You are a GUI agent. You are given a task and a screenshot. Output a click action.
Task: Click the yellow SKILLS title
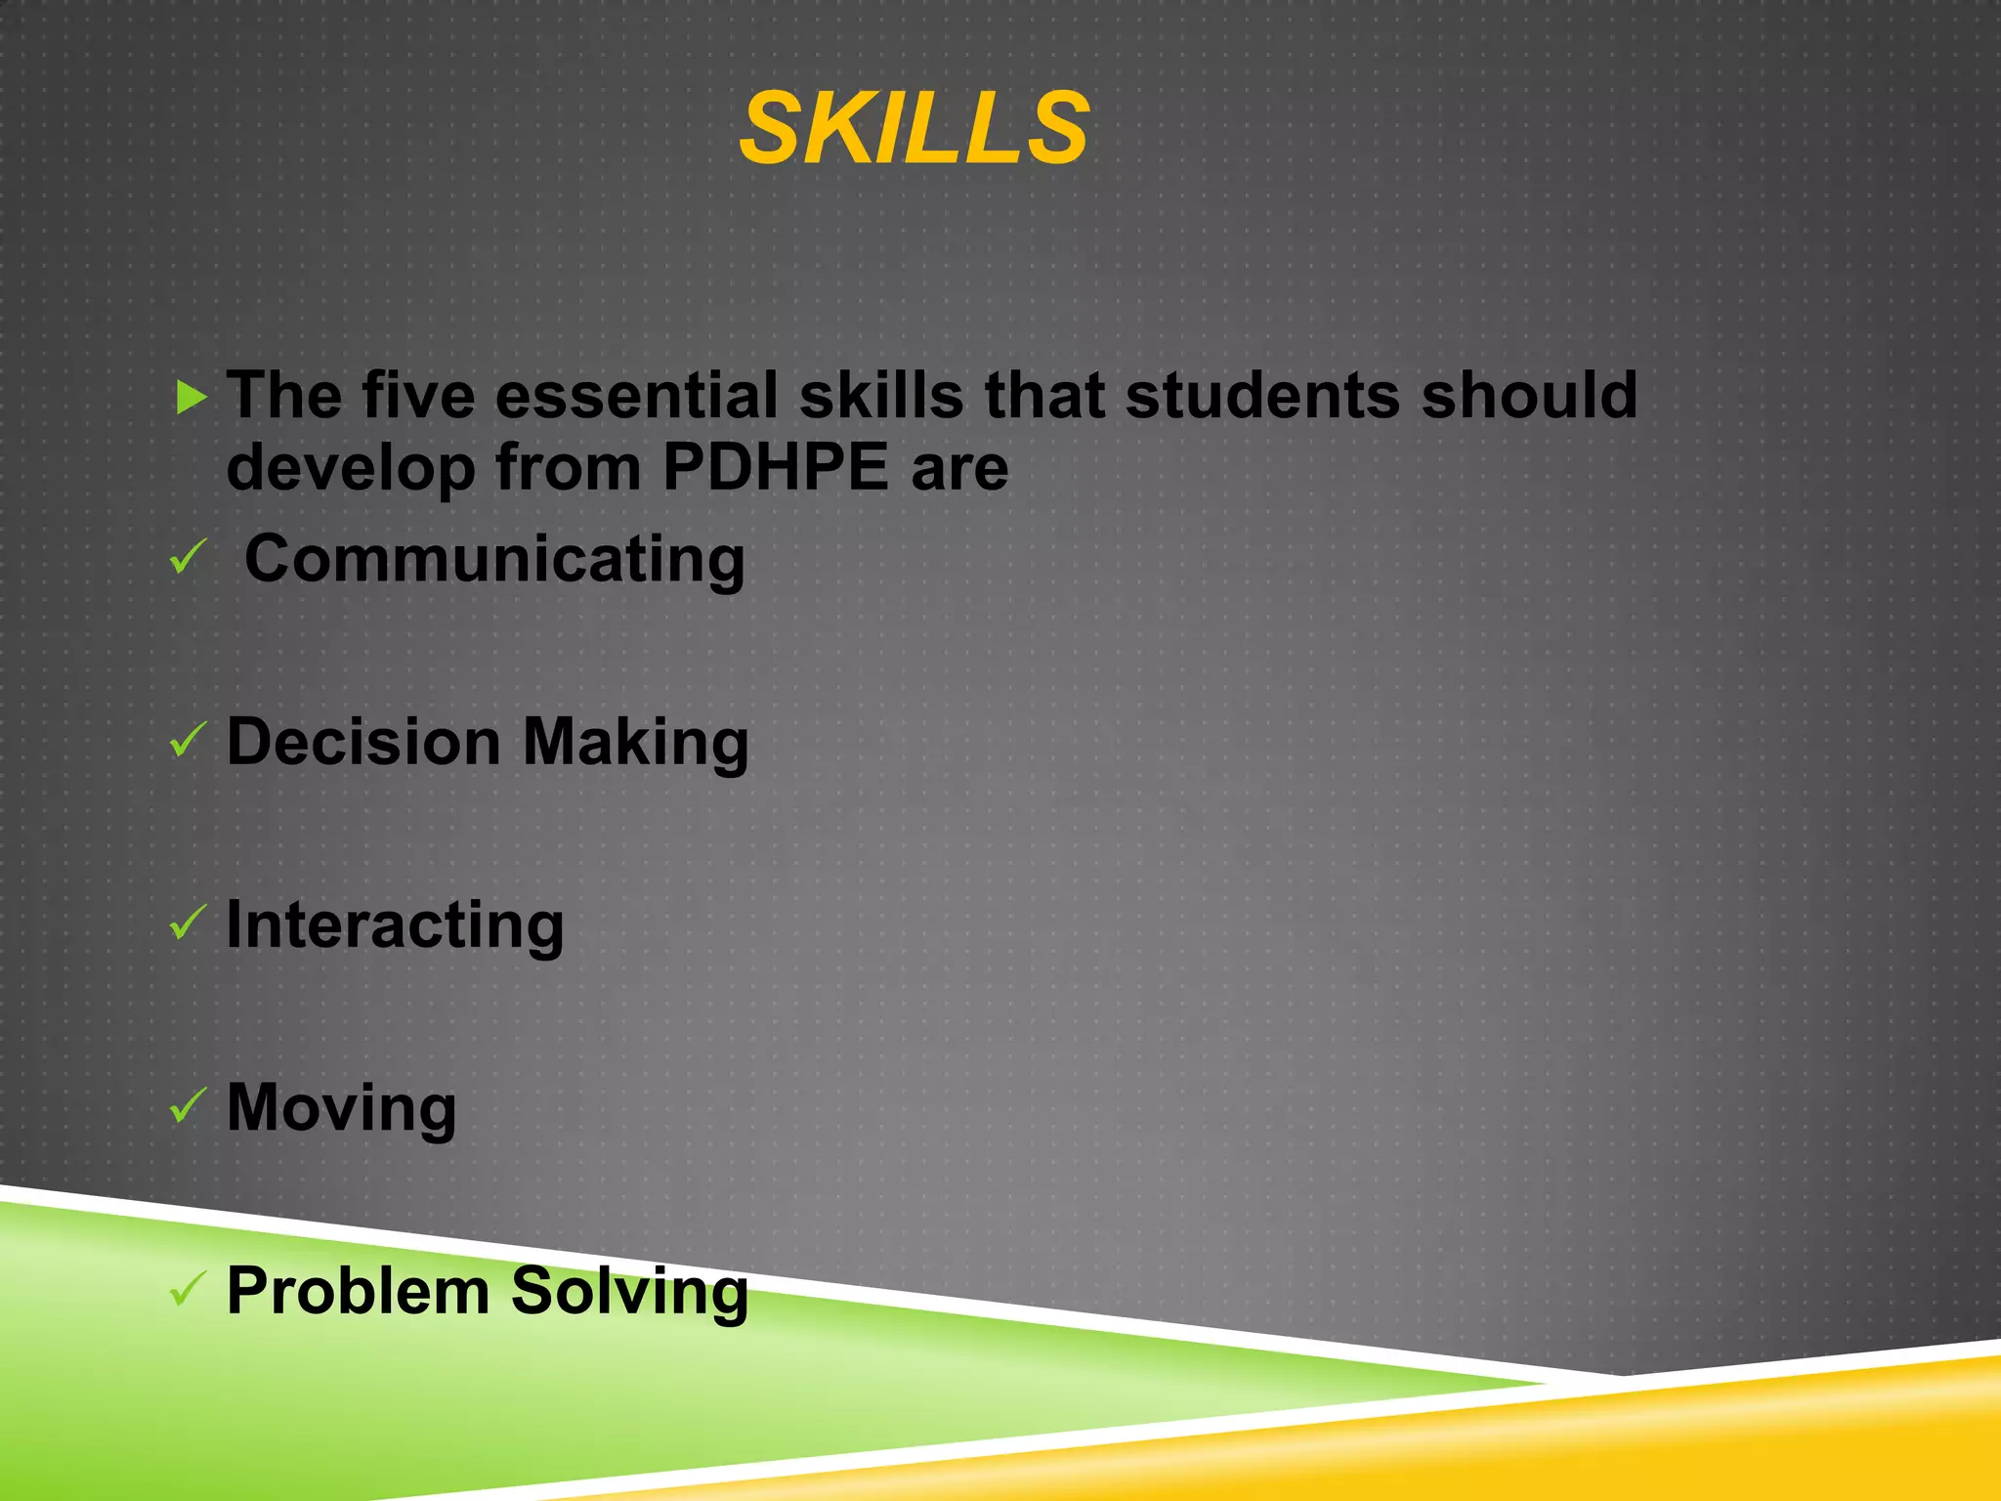[914, 129]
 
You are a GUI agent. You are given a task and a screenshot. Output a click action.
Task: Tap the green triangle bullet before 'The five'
[192, 398]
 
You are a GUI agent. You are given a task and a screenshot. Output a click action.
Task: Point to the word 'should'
[1528, 396]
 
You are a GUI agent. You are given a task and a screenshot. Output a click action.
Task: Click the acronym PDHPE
[775, 467]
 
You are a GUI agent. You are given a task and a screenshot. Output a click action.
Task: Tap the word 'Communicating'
[494, 559]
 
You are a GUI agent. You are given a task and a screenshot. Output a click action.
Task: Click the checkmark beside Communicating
[188, 557]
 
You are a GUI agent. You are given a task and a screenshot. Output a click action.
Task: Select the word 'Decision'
[363, 742]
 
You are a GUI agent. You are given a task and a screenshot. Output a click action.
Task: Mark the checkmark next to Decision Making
[188, 740]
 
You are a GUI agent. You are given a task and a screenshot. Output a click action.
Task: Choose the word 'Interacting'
[395, 925]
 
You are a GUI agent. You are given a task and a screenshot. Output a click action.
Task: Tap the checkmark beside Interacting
[188, 922]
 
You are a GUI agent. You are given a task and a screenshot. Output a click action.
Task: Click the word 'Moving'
[341, 1109]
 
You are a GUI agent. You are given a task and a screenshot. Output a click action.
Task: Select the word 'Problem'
[358, 1291]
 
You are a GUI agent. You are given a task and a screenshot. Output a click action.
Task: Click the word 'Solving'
[629, 1293]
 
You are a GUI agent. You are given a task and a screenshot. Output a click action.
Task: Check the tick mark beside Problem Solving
[188, 1289]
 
